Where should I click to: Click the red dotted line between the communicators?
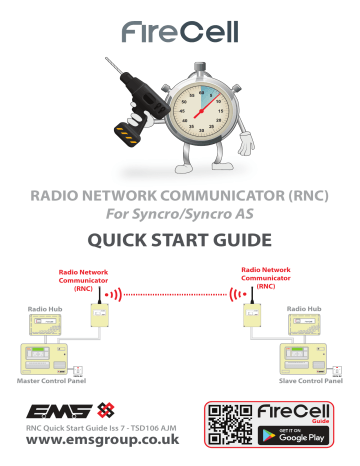coord(176,296)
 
